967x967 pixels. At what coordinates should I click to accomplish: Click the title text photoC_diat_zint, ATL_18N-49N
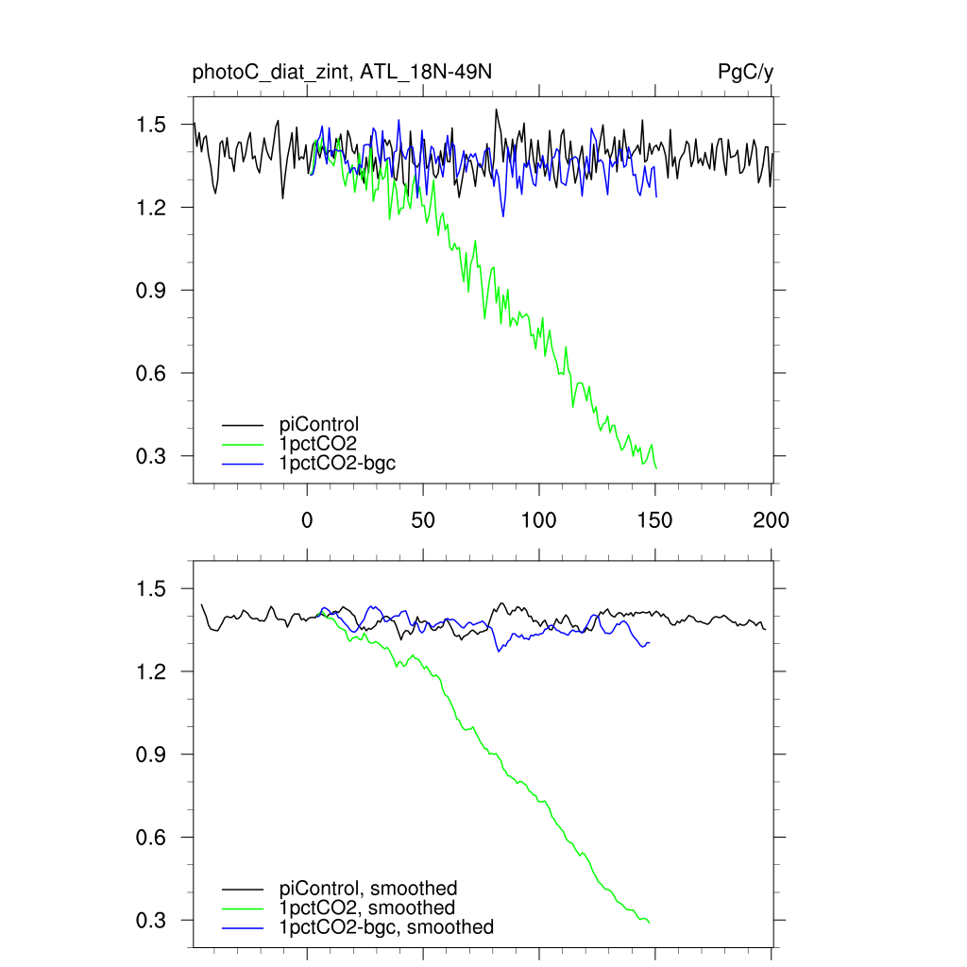pos(342,73)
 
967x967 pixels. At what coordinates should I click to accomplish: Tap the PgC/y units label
pos(746,73)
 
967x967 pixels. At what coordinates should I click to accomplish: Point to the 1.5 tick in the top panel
pos(154,125)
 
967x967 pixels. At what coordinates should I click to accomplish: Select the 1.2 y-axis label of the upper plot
pos(154,208)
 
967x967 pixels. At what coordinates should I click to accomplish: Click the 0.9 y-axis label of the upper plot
pos(154,290)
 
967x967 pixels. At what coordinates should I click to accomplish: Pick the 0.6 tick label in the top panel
pos(154,373)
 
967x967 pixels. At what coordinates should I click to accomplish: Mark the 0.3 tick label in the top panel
pos(154,456)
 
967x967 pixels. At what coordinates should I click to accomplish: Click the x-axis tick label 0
pos(307,519)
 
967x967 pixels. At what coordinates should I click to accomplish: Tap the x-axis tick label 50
pos(423,519)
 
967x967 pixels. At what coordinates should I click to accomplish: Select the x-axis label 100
pos(538,519)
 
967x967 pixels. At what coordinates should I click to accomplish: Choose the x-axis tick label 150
pos(655,519)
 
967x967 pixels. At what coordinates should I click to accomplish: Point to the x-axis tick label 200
pos(772,519)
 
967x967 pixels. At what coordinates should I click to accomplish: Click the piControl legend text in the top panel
pos(319,424)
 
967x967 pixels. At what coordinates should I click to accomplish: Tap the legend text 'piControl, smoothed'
pos(368,889)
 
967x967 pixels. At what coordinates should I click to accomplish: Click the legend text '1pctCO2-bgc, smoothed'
pos(386,928)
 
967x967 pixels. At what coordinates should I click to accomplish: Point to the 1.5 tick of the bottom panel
pos(154,589)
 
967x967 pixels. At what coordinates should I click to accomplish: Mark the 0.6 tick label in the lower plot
pos(154,838)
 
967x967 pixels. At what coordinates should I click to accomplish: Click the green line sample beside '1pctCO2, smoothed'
pos(243,908)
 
